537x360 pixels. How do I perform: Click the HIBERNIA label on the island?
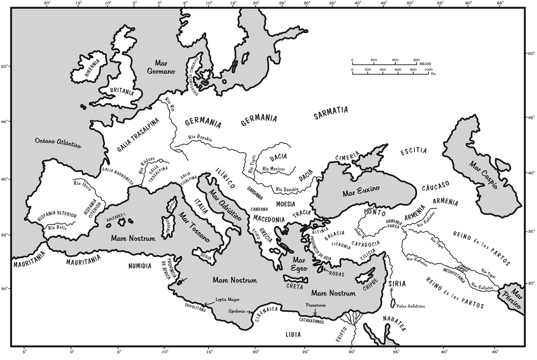(x=92, y=68)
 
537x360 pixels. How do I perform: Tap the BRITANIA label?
(x=122, y=91)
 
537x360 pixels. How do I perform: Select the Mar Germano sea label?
(x=161, y=67)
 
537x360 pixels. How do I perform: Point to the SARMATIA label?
(x=330, y=113)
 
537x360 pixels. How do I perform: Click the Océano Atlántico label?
(x=58, y=142)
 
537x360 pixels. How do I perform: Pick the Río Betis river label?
(x=57, y=228)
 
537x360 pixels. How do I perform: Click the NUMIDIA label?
(x=140, y=266)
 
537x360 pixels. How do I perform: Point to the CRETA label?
(x=295, y=287)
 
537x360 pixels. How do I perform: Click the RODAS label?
(x=337, y=274)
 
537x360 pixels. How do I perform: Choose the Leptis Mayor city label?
(x=228, y=299)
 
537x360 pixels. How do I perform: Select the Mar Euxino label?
(x=361, y=191)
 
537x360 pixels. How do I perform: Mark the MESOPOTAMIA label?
(x=454, y=275)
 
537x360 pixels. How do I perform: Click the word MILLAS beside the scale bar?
(x=425, y=64)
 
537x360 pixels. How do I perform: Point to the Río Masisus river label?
(x=273, y=169)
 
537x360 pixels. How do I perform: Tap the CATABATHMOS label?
(x=311, y=322)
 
